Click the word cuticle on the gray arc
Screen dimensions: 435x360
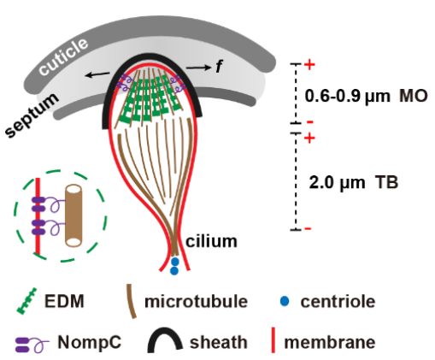tap(63, 56)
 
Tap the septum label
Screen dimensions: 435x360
tap(32, 115)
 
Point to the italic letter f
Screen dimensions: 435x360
tap(219, 67)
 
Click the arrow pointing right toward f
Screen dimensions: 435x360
tap(199, 68)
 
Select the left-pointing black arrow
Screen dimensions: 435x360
tap(97, 74)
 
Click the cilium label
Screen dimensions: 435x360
tap(211, 241)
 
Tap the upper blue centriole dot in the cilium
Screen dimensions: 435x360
tap(174, 262)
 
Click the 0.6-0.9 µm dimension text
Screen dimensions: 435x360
tap(347, 97)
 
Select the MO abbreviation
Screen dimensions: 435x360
tap(414, 96)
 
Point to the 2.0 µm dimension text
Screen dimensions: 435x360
tap(337, 183)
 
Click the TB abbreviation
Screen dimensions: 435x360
tap(386, 182)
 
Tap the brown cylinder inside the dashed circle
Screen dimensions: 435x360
tap(73, 215)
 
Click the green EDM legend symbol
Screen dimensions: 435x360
tap(27, 301)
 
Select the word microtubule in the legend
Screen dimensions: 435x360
tap(196, 301)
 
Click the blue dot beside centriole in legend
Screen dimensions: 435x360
tap(285, 301)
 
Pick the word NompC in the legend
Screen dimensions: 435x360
tap(90, 342)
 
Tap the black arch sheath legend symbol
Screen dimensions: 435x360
tap(165, 340)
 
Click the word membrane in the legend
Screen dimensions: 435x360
tap(330, 342)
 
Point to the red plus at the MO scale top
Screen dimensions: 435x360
tap(309, 65)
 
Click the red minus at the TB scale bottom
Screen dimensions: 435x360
tap(308, 228)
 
